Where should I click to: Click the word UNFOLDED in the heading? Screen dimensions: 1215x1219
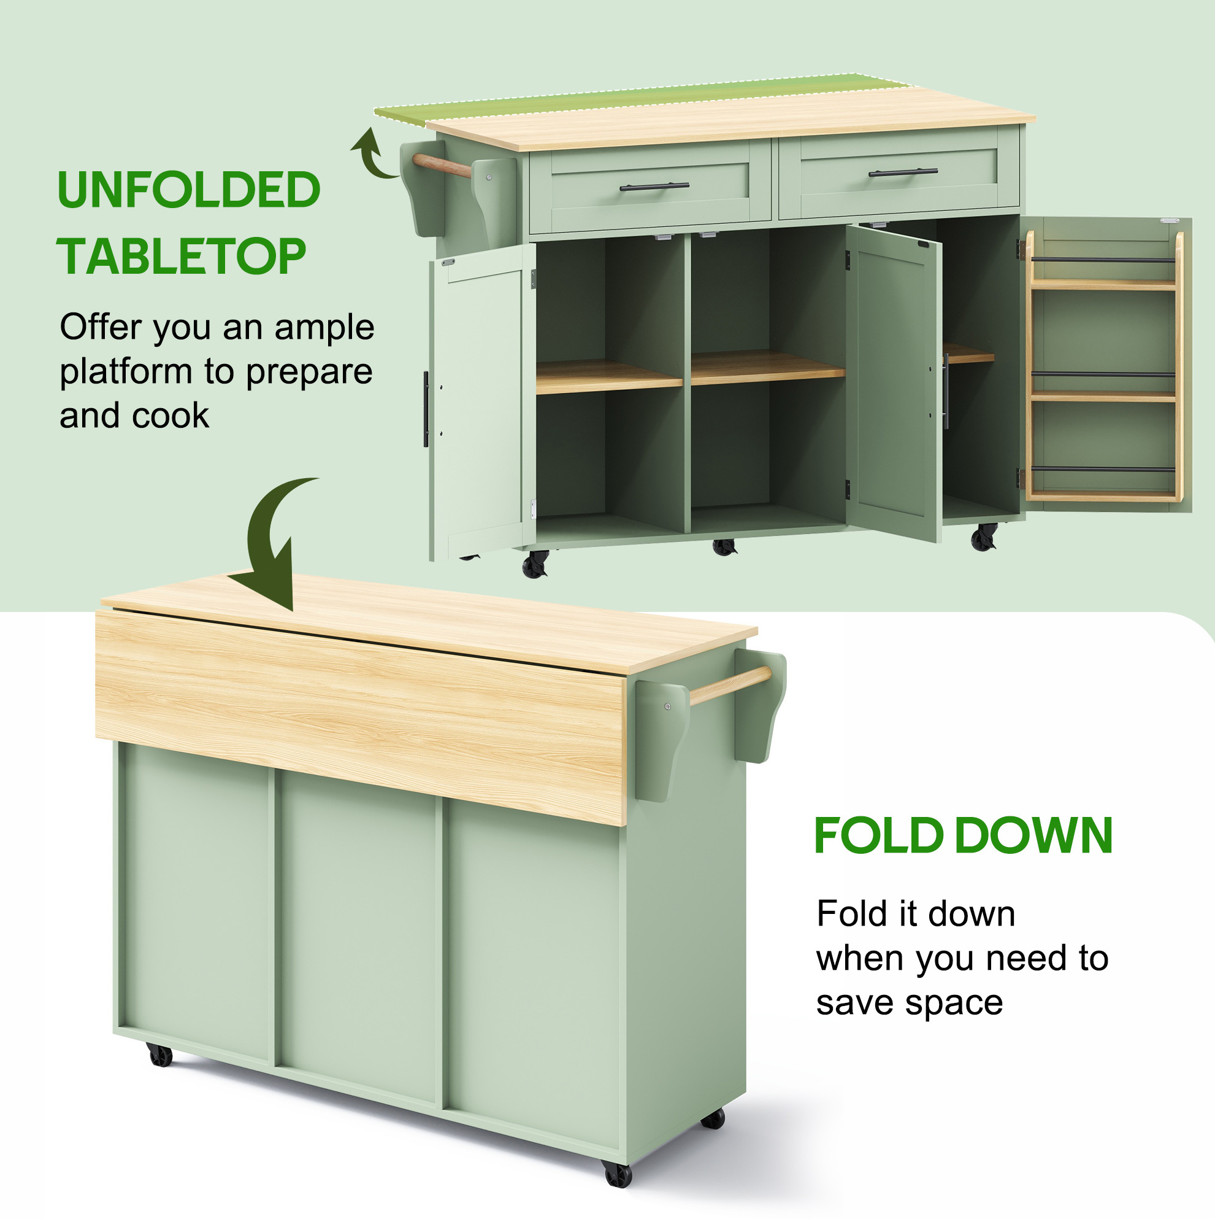(x=188, y=190)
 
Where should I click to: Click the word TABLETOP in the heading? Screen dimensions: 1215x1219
(x=182, y=256)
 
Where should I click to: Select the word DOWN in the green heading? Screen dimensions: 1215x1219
(x=1034, y=835)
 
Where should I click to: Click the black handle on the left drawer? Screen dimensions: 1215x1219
(x=654, y=186)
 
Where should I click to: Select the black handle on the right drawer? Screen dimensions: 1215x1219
(x=903, y=172)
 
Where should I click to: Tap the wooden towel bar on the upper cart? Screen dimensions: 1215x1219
(x=442, y=164)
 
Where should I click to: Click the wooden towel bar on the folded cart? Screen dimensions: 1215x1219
(x=730, y=685)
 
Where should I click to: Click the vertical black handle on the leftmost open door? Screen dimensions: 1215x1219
(x=426, y=409)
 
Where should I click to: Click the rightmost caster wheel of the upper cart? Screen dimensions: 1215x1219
(x=984, y=537)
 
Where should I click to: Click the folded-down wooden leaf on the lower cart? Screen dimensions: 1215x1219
(x=361, y=716)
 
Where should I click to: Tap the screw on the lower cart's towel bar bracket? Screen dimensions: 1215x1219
(x=668, y=706)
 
